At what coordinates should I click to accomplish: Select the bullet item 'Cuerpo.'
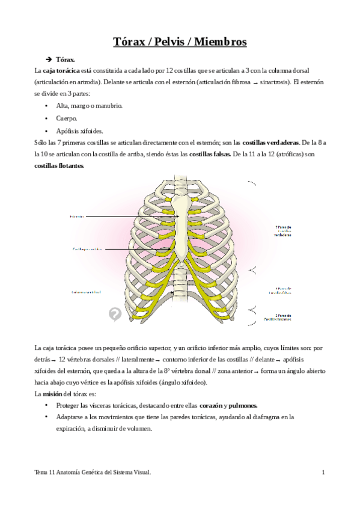click(x=67, y=118)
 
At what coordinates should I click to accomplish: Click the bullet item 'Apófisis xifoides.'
click(x=79, y=131)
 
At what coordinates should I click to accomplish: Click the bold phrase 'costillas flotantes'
click(x=59, y=166)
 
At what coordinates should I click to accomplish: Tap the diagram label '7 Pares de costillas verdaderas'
click(x=283, y=231)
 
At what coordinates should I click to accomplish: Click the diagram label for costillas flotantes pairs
click(x=277, y=317)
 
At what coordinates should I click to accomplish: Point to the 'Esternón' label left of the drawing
click(x=76, y=215)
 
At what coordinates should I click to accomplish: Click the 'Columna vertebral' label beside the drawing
click(x=86, y=293)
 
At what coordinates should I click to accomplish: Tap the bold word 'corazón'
click(x=212, y=405)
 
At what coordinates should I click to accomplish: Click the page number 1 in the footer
click(x=323, y=473)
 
